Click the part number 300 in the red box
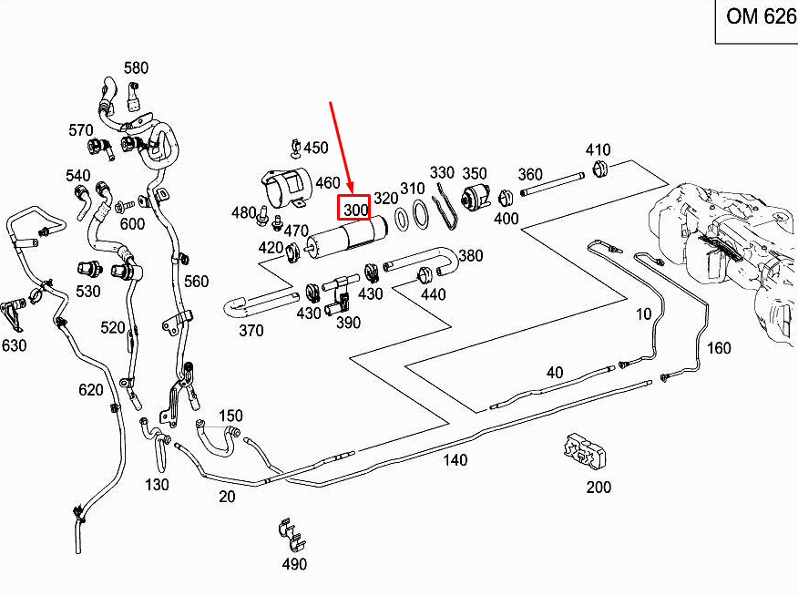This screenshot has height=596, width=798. coord(354,210)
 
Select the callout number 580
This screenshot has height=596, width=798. coord(136,68)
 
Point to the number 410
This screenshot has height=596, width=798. coord(598,150)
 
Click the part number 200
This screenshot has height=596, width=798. coord(598,488)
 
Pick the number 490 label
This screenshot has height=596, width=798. coord(294,564)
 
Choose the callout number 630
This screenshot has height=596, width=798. coord(15,345)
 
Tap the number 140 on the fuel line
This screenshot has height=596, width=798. coord(455,460)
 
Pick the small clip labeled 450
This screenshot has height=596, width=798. coord(295,146)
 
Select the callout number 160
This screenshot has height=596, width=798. coord(719,347)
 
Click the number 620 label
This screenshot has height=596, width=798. coord(90,390)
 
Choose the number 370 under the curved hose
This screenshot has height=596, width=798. coord(251,330)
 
